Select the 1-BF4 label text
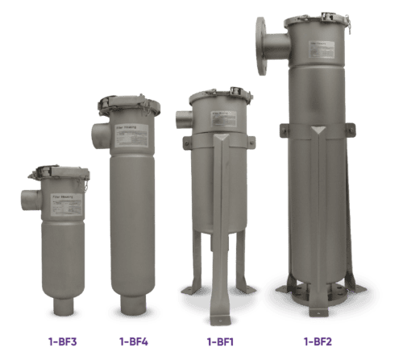[134, 341]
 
